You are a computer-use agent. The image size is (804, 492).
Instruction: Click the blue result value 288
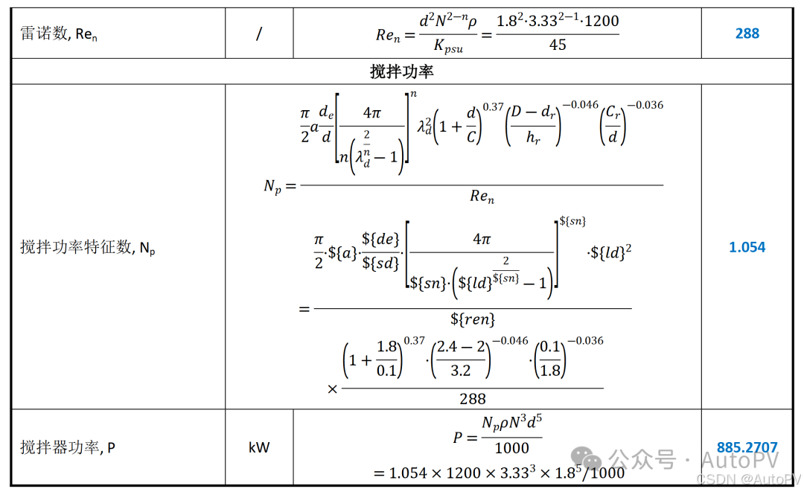point(747,33)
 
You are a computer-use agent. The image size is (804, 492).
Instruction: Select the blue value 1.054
point(747,247)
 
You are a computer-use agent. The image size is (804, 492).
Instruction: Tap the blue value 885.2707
point(747,447)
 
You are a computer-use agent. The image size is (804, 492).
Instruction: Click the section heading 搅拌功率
point(402,71)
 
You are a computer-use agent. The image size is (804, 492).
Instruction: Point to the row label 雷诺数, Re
point(59,34)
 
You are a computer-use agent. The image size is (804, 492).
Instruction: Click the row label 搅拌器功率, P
point(68,447)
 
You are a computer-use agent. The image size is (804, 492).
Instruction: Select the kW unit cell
point(259,447)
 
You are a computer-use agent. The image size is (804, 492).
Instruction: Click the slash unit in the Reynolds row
point(259,34)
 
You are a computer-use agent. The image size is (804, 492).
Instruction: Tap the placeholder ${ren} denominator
point(473,320)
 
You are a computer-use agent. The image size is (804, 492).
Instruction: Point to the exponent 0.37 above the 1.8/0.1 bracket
point(414,341)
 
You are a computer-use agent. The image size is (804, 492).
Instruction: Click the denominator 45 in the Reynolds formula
point(557,45)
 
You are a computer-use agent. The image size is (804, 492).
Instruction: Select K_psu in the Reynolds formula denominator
point(448,47)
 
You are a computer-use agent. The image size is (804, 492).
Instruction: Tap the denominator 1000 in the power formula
point(511,448)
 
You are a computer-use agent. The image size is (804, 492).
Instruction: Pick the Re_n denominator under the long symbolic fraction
point(482,197)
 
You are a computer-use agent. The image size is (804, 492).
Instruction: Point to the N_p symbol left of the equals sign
point(273,186)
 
